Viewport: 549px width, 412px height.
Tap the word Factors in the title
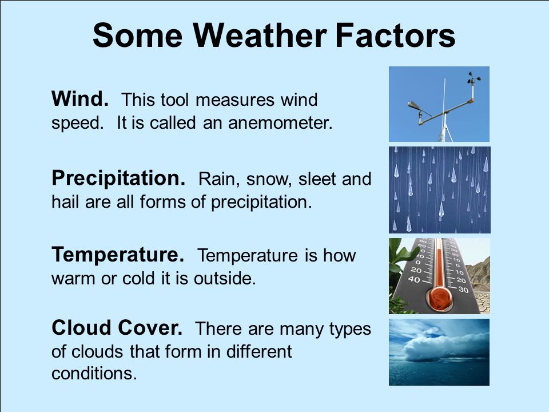395,35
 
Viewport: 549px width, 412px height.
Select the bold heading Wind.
80,99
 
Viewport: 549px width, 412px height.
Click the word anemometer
280,122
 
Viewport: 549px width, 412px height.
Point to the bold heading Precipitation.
118,179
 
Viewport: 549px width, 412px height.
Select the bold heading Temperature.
118,255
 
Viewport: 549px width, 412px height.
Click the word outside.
225,278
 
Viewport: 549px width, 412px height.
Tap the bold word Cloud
82,328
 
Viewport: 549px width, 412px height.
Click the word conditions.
94,374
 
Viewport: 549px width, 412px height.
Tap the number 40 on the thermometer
414,279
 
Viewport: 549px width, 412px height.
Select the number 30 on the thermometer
463,290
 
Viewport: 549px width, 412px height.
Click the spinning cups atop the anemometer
474,78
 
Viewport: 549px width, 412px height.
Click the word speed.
77,124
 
